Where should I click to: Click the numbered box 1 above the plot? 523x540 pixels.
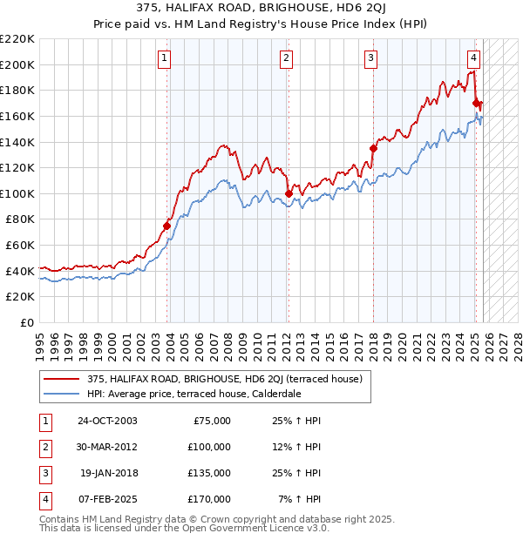165,58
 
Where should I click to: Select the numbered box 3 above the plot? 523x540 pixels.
370,58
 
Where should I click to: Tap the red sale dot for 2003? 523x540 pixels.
166,226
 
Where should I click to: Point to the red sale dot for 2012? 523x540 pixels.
289,193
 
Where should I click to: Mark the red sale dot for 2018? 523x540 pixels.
373,148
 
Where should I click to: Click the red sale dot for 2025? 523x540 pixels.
476,103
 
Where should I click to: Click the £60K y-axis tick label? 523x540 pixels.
20,246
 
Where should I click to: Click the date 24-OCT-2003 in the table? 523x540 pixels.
106,421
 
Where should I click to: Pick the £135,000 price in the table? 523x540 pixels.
210,473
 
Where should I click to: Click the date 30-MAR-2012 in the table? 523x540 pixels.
106,447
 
